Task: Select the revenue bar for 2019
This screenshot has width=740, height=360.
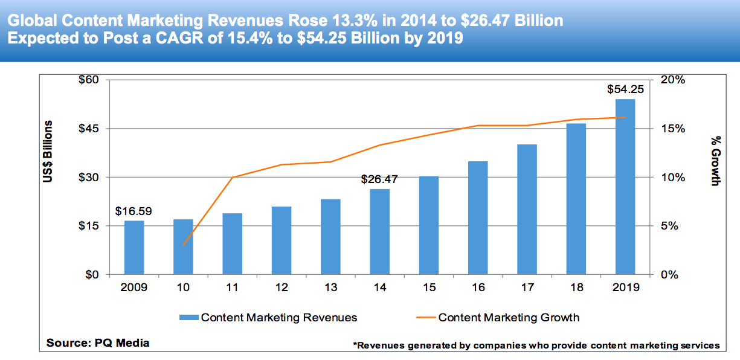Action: point(625,187)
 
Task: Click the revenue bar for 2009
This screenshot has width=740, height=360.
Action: point(134,248)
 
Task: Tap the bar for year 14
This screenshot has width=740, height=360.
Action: point(379,232)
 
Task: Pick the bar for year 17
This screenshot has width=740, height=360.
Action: point(527,210)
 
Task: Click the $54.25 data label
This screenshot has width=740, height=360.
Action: point(625,89)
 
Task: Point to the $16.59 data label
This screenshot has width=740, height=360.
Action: point(134,211)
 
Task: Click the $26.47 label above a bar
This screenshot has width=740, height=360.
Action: point(379,179)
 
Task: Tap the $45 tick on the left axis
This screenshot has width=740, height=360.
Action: point(90,129)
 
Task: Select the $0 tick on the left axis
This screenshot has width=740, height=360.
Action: point(93,275)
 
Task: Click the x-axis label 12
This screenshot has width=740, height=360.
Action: point(281,288)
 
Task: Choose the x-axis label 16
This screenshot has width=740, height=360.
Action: point(478,288)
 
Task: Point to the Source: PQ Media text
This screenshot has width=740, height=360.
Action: point(98,343)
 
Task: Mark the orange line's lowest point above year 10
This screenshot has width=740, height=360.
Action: point(183,245)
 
